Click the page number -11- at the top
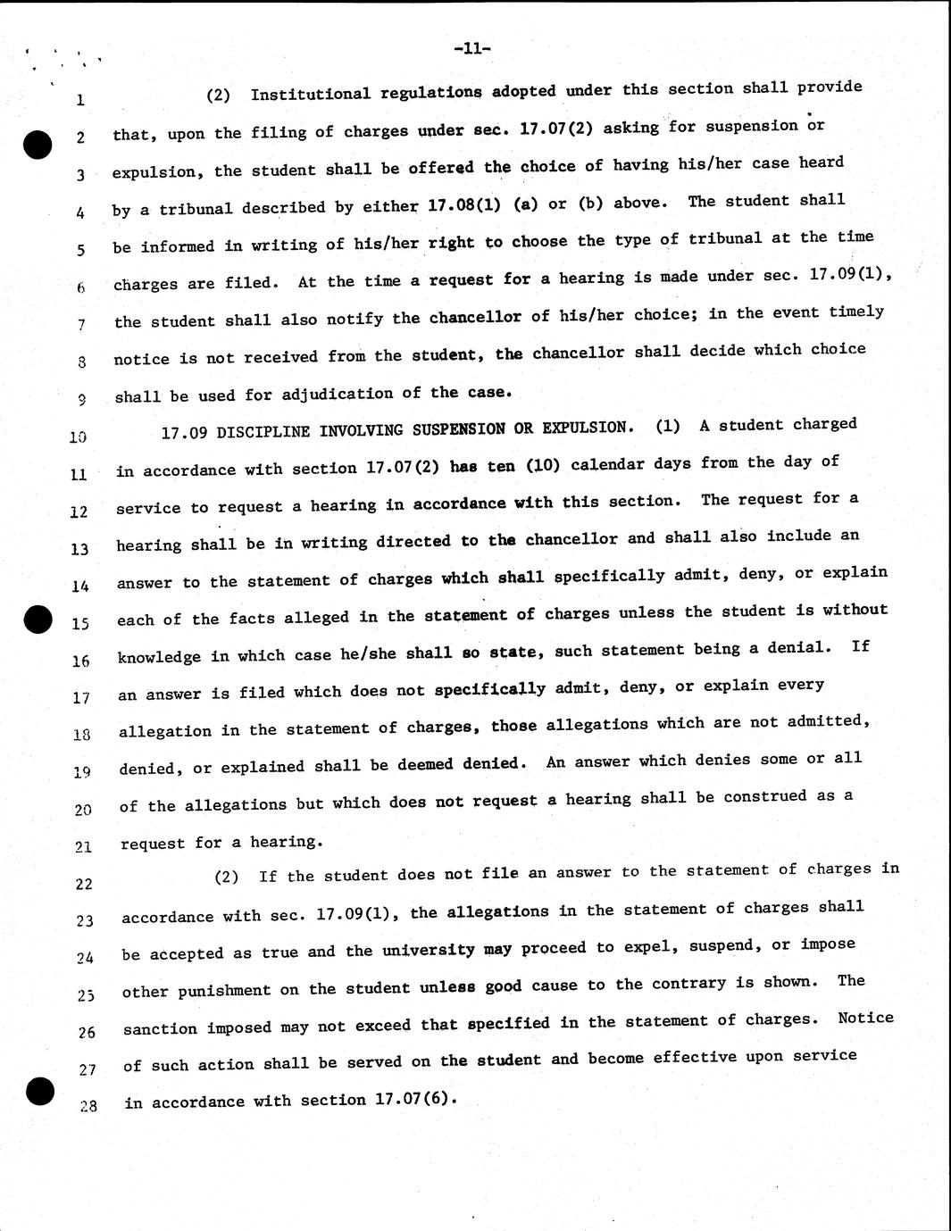tap(472, 49)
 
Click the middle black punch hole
tap(39, 618)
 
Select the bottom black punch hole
tap(41, 1091)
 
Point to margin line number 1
tap(80, 100)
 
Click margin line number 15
tap(80, 624)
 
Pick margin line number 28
tap(87, 1107)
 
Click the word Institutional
tap(310, 94)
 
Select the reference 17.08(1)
tap(464, 204)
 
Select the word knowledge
tap(159, 657)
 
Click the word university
tap(429, 950)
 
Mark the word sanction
tap(160, 1028)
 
